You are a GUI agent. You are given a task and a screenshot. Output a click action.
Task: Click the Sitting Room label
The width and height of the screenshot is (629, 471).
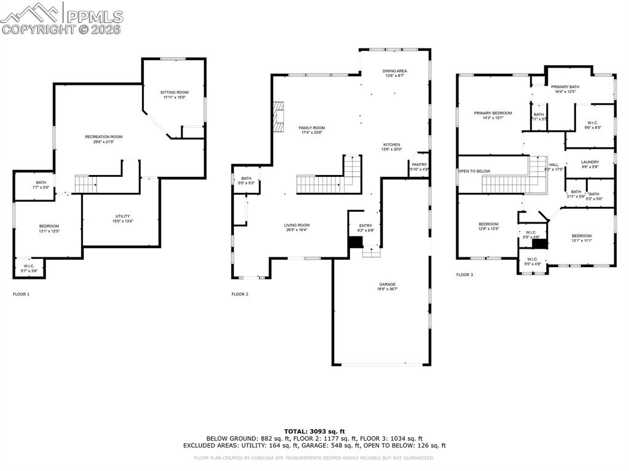175,92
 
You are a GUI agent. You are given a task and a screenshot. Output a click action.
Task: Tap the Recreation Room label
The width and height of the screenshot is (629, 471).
103,136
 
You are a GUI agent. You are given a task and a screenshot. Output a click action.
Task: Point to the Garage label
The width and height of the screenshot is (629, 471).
387,284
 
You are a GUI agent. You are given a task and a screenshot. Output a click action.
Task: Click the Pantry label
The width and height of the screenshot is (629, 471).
419,165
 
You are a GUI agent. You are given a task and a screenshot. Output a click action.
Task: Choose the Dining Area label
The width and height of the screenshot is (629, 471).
395,71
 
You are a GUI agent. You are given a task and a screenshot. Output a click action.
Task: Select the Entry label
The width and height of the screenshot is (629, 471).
365,225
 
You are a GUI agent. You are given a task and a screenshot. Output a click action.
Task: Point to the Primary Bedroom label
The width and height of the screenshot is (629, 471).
492,113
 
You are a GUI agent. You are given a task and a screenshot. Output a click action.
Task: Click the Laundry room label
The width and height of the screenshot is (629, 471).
590,162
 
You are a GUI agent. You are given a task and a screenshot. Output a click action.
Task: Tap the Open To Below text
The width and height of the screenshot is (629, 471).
474,171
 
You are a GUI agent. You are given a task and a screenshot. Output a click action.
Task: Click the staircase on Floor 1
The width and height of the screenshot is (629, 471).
86,183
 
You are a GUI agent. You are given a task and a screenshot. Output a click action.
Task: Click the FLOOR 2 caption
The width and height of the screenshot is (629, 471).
240,294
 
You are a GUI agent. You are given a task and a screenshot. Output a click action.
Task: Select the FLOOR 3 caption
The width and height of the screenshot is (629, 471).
464,274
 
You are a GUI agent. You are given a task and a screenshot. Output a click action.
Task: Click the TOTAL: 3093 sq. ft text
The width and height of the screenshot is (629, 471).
314,431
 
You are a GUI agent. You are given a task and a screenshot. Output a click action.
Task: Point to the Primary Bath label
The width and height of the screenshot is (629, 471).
565,87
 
